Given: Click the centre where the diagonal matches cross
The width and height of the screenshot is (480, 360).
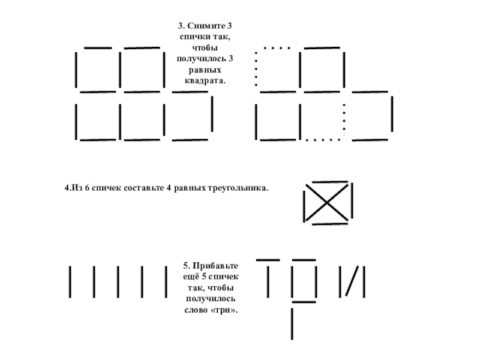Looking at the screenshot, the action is click(328, 203).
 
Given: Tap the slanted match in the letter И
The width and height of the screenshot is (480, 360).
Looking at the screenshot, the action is click(352, 282).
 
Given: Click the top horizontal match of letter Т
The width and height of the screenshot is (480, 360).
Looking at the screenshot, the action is click(268, 260).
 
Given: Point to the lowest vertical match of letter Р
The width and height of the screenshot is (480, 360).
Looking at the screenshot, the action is click(292, 323).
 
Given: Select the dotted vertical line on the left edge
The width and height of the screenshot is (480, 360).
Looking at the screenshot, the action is click(256, 69).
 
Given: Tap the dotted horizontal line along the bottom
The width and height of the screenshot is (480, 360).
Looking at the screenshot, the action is click(323, 140).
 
